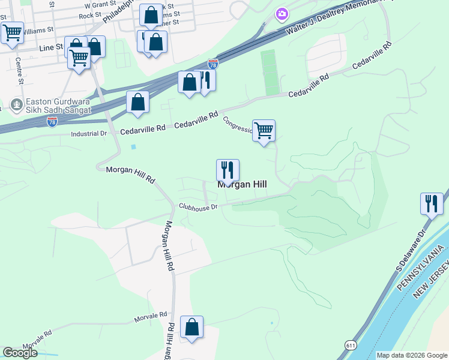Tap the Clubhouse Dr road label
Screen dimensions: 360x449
[x=197, y=206]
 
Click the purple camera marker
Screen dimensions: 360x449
[x=282, y=13]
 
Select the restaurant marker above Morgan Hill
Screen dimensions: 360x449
[x=228, y=170]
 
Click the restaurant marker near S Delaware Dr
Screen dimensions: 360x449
[x=432, y=203]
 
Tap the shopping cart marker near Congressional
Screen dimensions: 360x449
[x=264, y=130]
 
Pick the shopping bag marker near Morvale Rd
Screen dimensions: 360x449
[x=191, y=327]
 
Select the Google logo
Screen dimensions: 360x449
[x=20, y=353]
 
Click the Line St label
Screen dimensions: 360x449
[x=50, y=47]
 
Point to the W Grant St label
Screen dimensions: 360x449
[x=99, y=4]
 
